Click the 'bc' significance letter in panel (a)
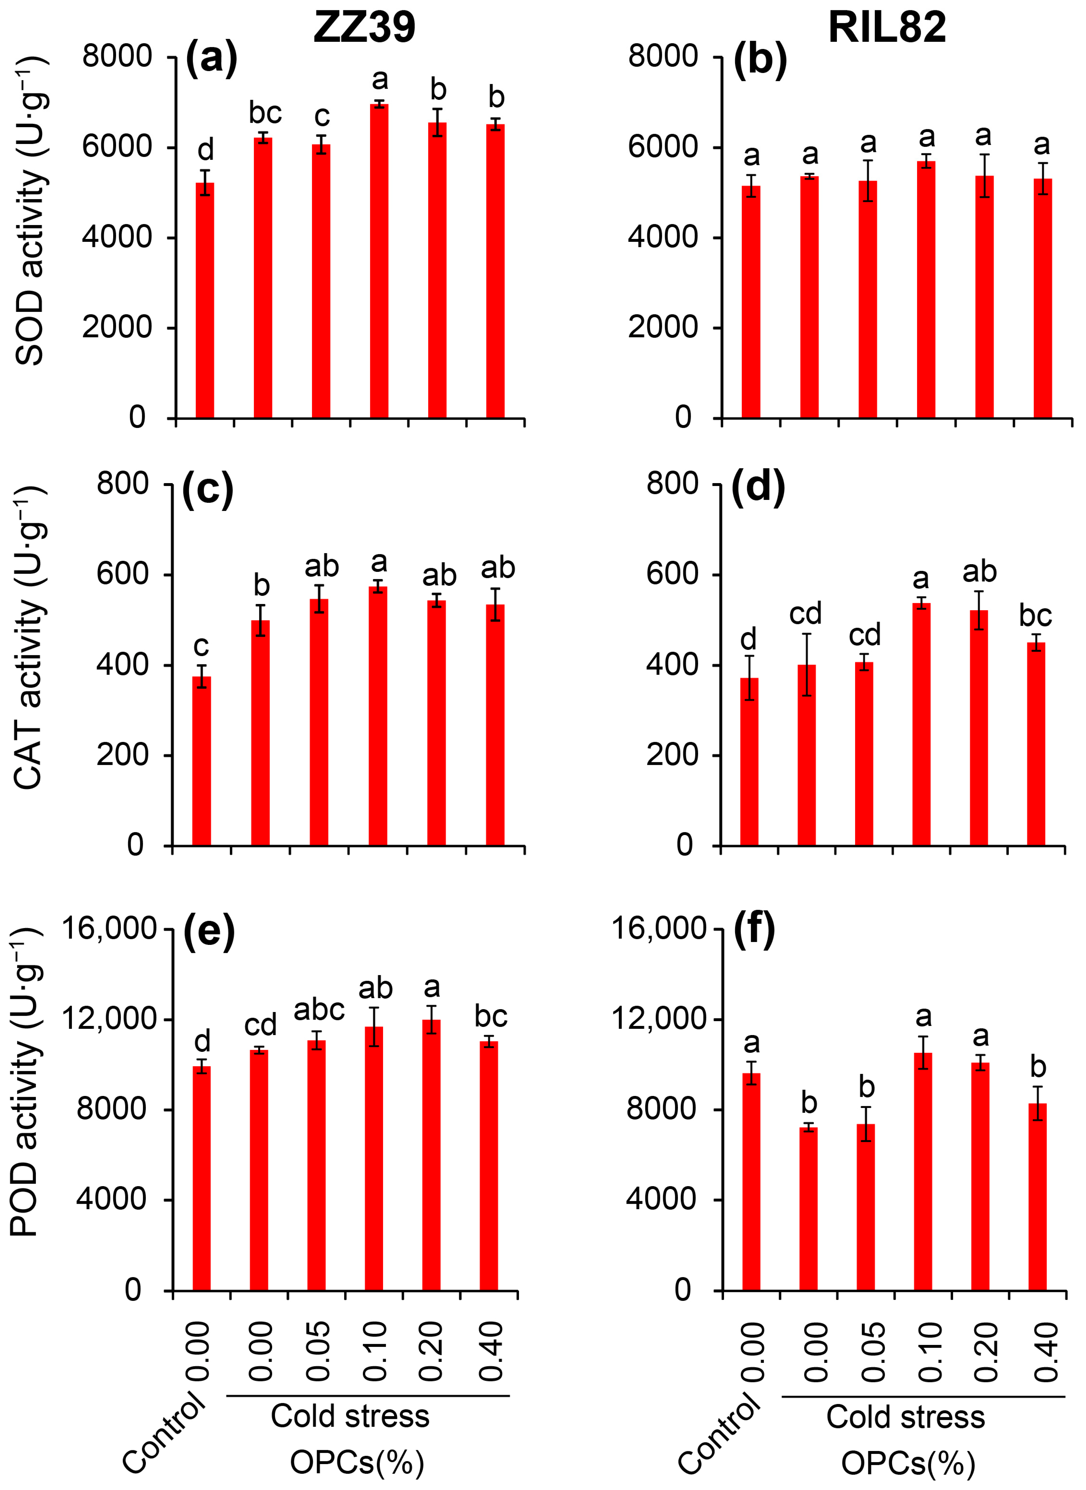265,113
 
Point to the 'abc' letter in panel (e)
319,1009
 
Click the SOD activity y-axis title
30,211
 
